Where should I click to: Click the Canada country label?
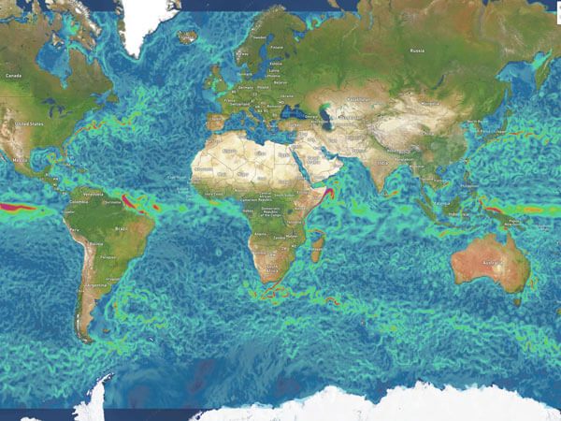13,75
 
